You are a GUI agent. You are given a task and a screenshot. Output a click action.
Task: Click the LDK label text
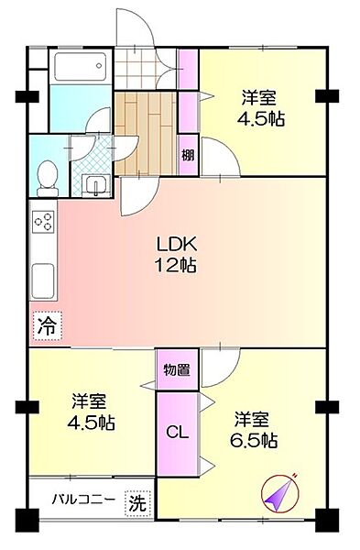point(176,246)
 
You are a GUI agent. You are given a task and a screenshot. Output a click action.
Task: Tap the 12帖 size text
point(176,266)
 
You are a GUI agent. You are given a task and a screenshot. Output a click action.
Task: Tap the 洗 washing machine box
point(136,502)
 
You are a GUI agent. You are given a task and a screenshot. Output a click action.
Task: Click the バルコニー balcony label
point(82,501)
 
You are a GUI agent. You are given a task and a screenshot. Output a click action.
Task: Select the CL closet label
point(178,433)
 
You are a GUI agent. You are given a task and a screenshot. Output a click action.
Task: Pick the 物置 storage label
point(177,371)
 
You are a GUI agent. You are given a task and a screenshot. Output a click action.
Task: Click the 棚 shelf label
point(188,154)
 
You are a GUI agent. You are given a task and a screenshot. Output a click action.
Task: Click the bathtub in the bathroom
point(81,69)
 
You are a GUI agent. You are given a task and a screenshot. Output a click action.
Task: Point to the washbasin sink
point(94,184)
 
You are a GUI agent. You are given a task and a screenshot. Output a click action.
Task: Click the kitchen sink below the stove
point(43,280)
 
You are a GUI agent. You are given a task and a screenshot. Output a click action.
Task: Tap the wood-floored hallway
point(147,128)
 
